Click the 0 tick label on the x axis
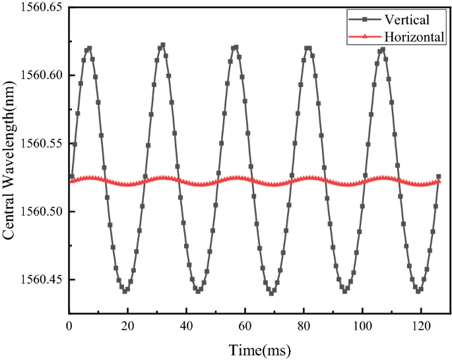(x=69, y=325)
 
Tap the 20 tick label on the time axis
(x=128, y=325)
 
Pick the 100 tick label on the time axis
(x=363, y=325)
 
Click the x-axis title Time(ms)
(x=259, y=348)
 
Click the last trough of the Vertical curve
(x=419, y=291)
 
